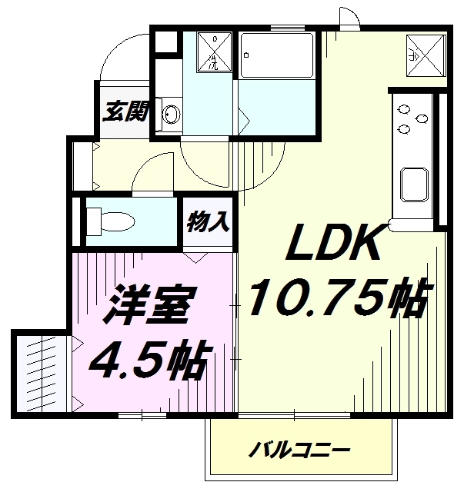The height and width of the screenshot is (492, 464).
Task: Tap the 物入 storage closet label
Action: click(209, 222)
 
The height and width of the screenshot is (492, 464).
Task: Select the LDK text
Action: click(333, 242)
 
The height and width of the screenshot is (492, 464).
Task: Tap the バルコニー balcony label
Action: click(299, 450)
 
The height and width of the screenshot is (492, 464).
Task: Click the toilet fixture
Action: click(111, 222)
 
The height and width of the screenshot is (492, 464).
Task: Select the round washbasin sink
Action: click(172, 115)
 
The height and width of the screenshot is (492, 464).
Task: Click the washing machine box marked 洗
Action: click(214, 52)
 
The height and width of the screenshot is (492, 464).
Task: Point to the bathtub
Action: click(276, 55)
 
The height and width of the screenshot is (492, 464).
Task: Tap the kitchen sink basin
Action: click(414, 184)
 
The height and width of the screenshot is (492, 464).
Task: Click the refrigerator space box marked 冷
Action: click(426, 55)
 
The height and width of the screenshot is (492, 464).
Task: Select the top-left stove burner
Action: click(404, 109)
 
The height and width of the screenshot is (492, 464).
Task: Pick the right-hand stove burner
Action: click(421, 118)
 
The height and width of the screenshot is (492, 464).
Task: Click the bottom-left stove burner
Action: click(404, 128)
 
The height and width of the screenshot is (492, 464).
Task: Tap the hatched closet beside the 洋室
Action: click(42, 374)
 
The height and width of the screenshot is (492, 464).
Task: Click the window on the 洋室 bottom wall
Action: click(142, 415)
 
